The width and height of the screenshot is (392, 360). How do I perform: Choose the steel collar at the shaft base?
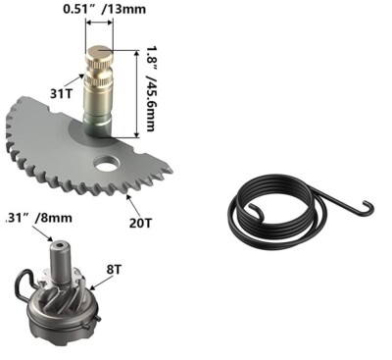click(x=99, y=126)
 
